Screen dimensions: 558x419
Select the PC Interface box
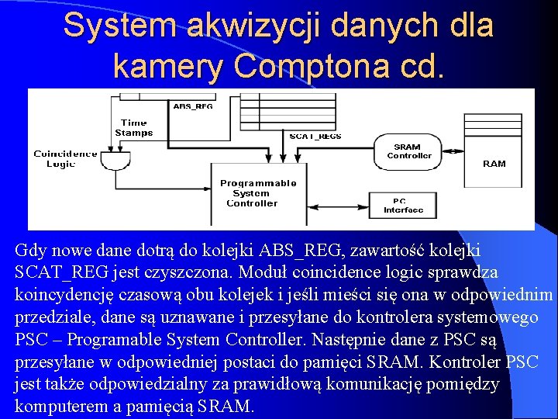coord(404,206)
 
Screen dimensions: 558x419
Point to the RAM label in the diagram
coord(494,164)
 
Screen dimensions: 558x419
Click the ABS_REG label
coord(193,106)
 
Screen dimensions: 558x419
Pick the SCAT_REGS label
coord(315,137)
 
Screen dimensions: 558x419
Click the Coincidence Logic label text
coord(65,158)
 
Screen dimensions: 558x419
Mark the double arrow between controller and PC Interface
coord(341,205)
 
